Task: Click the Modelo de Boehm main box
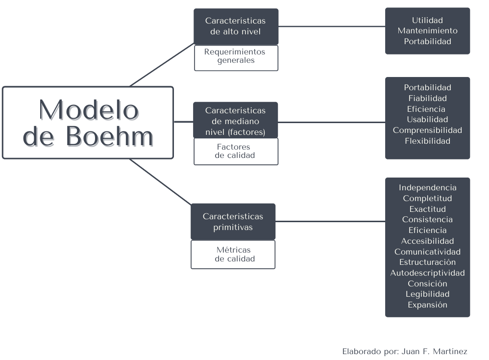tap(88, 123)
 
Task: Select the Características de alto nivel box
tap(236, 26)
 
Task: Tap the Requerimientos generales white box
tap(236, 56)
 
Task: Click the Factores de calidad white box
tap(236, 151)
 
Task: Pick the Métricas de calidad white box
tap(233, 254)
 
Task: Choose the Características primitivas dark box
tap(233, 222)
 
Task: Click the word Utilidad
tap(427, 20)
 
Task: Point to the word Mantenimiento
tap(427, 31)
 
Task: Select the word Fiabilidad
tap(427, 98)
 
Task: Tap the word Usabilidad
tap(427, 120)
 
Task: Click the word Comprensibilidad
tap(427, 130)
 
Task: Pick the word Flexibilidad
tap(427, 141)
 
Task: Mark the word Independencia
tap(427, 188)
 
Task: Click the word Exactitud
tap(427, 209)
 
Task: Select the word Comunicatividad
tap(427, 252)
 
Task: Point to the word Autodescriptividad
tap(427, 273)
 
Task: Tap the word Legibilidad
tap(427, 294)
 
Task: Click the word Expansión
tap(427, 305)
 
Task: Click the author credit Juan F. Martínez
tap(434, 351)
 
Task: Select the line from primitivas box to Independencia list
tap(331, 222)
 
